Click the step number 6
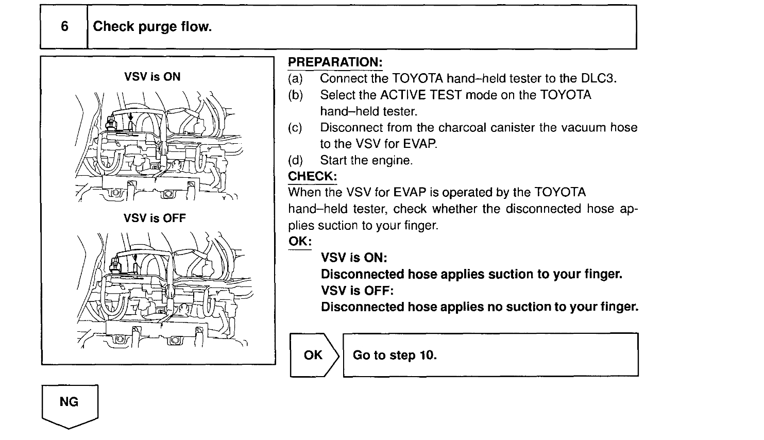point(64,27)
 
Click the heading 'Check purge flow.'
point(152,27)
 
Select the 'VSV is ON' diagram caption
point(152,77)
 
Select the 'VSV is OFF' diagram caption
point(155,218)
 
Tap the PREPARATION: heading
point(335,62)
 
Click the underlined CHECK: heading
point(312,176)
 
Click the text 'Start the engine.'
point(366,160)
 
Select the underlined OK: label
point(300,242)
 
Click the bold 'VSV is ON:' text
point(354,257)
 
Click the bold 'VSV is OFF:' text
point(357,291)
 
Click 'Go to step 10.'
point(395,355)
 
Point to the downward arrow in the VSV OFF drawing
point(135,257)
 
